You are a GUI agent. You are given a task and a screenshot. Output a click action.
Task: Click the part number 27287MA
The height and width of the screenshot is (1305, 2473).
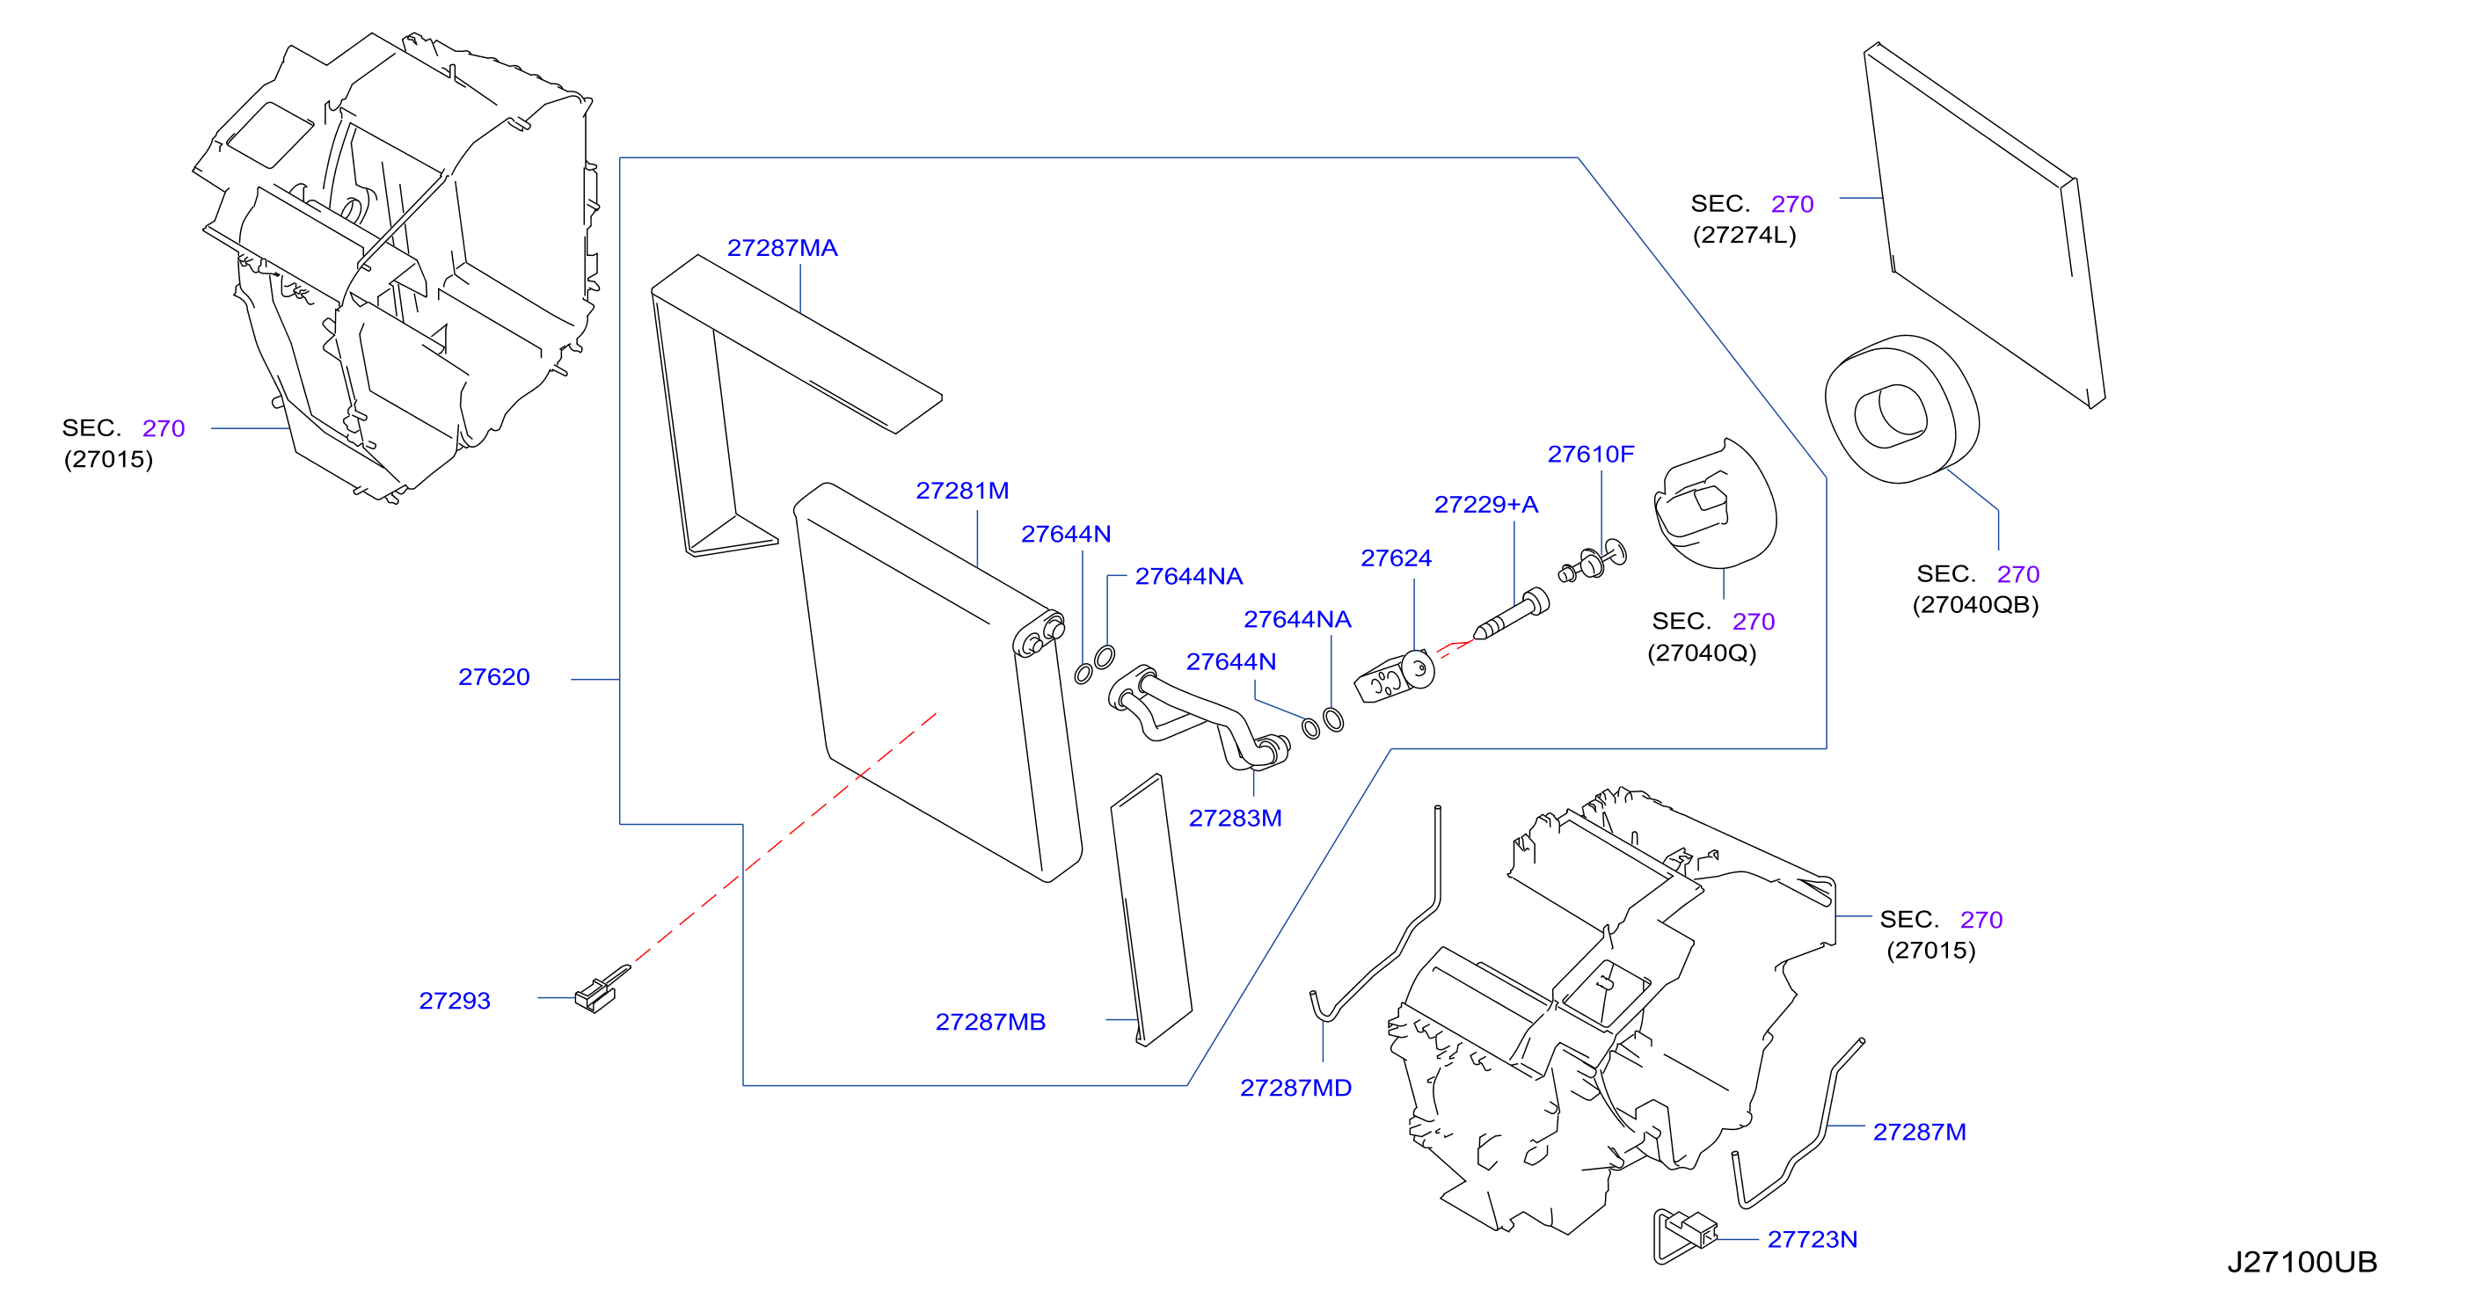pos(783,248)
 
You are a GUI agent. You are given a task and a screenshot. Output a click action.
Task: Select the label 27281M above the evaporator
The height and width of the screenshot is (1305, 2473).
pos(962,491)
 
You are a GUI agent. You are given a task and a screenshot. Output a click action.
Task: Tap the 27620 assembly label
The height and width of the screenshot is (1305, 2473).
pos(493,677)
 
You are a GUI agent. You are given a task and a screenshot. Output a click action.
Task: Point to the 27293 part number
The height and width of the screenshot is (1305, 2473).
pos(454,1001)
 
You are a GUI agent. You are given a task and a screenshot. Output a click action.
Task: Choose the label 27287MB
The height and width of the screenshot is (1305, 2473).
pos(989,1022)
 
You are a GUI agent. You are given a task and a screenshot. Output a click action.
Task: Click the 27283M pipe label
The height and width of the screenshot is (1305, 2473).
pos(1235,818)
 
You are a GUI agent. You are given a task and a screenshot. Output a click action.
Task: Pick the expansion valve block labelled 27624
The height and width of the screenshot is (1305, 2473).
pos(1394,676)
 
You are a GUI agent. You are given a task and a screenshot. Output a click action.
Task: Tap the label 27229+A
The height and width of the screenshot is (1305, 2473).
pos(1485,504)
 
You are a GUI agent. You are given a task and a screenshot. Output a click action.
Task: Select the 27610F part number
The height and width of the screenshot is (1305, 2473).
pos(1590,455)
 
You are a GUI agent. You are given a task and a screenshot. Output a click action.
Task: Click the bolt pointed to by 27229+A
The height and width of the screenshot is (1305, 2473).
pos(1511,616)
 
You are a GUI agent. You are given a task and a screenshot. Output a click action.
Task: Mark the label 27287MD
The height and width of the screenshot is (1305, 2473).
pos(1295,1088)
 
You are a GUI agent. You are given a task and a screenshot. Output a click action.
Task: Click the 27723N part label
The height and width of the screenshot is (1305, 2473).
pos(1812,1240)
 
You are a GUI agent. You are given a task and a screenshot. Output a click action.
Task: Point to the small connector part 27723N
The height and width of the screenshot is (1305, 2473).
pos(1686,1232)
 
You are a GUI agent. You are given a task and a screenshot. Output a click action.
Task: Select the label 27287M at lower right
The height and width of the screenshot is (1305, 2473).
pos(1919,1132)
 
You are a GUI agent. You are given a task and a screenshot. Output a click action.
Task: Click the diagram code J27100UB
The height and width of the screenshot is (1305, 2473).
pos(2302,1262)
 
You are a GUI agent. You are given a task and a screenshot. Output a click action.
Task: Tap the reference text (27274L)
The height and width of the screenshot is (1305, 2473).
pos(1743,236)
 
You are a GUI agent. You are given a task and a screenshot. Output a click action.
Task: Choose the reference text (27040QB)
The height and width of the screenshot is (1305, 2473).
pos(1974,605)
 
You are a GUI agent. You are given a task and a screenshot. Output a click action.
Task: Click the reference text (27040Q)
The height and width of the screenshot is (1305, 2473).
pos(1701,653)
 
